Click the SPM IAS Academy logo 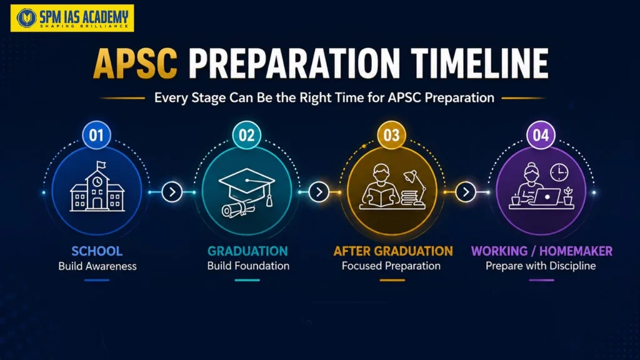pyautogui.click(x=72, y=18)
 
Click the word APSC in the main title pyautogui.click(x=135, y=64)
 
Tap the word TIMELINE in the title pyautogui.click(x=479, y=63)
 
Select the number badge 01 pyautogui.click(x=97, y=135)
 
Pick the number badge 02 pyautogui.click(x=246, y=135)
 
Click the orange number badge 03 pyautogui.click(x=391, y=135)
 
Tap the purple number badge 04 pyautogui.click(x=541, y=135)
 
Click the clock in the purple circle pyautogui.click(x=559, y=172)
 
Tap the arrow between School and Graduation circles pyautogui.click(x=172, y=192)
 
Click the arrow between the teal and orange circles pyautogui.click(x=319, y=192)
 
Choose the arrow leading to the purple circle pyautogui.click(x=466, y=192)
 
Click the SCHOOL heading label pyautogui.click(x=97, y=251)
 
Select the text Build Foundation pyautogui.click(x=248, y=266)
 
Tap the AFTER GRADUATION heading pyautogui.click(x=393, y=251)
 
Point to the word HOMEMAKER pyautogui.click(x=576, y=251)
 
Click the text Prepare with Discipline pyautogui.click(x=541, y=266)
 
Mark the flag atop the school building pyautogui.click(x=101, y=165)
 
